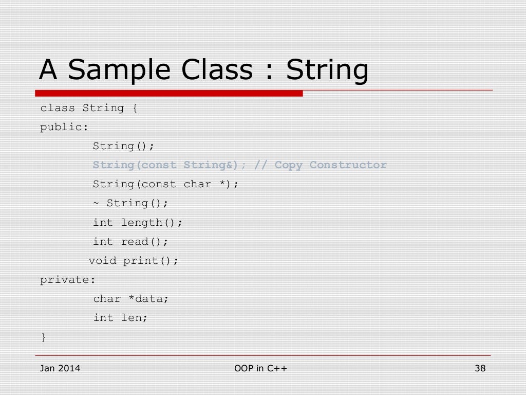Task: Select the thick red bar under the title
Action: tap(169, 94)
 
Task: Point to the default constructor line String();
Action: tap(123, 146)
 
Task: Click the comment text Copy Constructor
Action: tap(331, 165)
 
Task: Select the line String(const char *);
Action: tap(165, 184)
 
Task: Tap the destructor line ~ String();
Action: tap(130, 203)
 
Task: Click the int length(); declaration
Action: tap(137, 223)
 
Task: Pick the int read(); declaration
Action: tap(130, 242)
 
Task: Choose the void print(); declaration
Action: tap(134, 261)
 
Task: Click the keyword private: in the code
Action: tap(68, 280)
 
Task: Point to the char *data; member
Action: tap(130, 299)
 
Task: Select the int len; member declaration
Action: tap(120, 318)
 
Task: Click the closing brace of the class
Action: tap(44, 337)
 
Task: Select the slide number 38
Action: tap(480, 368)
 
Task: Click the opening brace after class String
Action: tap(135, 109)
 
